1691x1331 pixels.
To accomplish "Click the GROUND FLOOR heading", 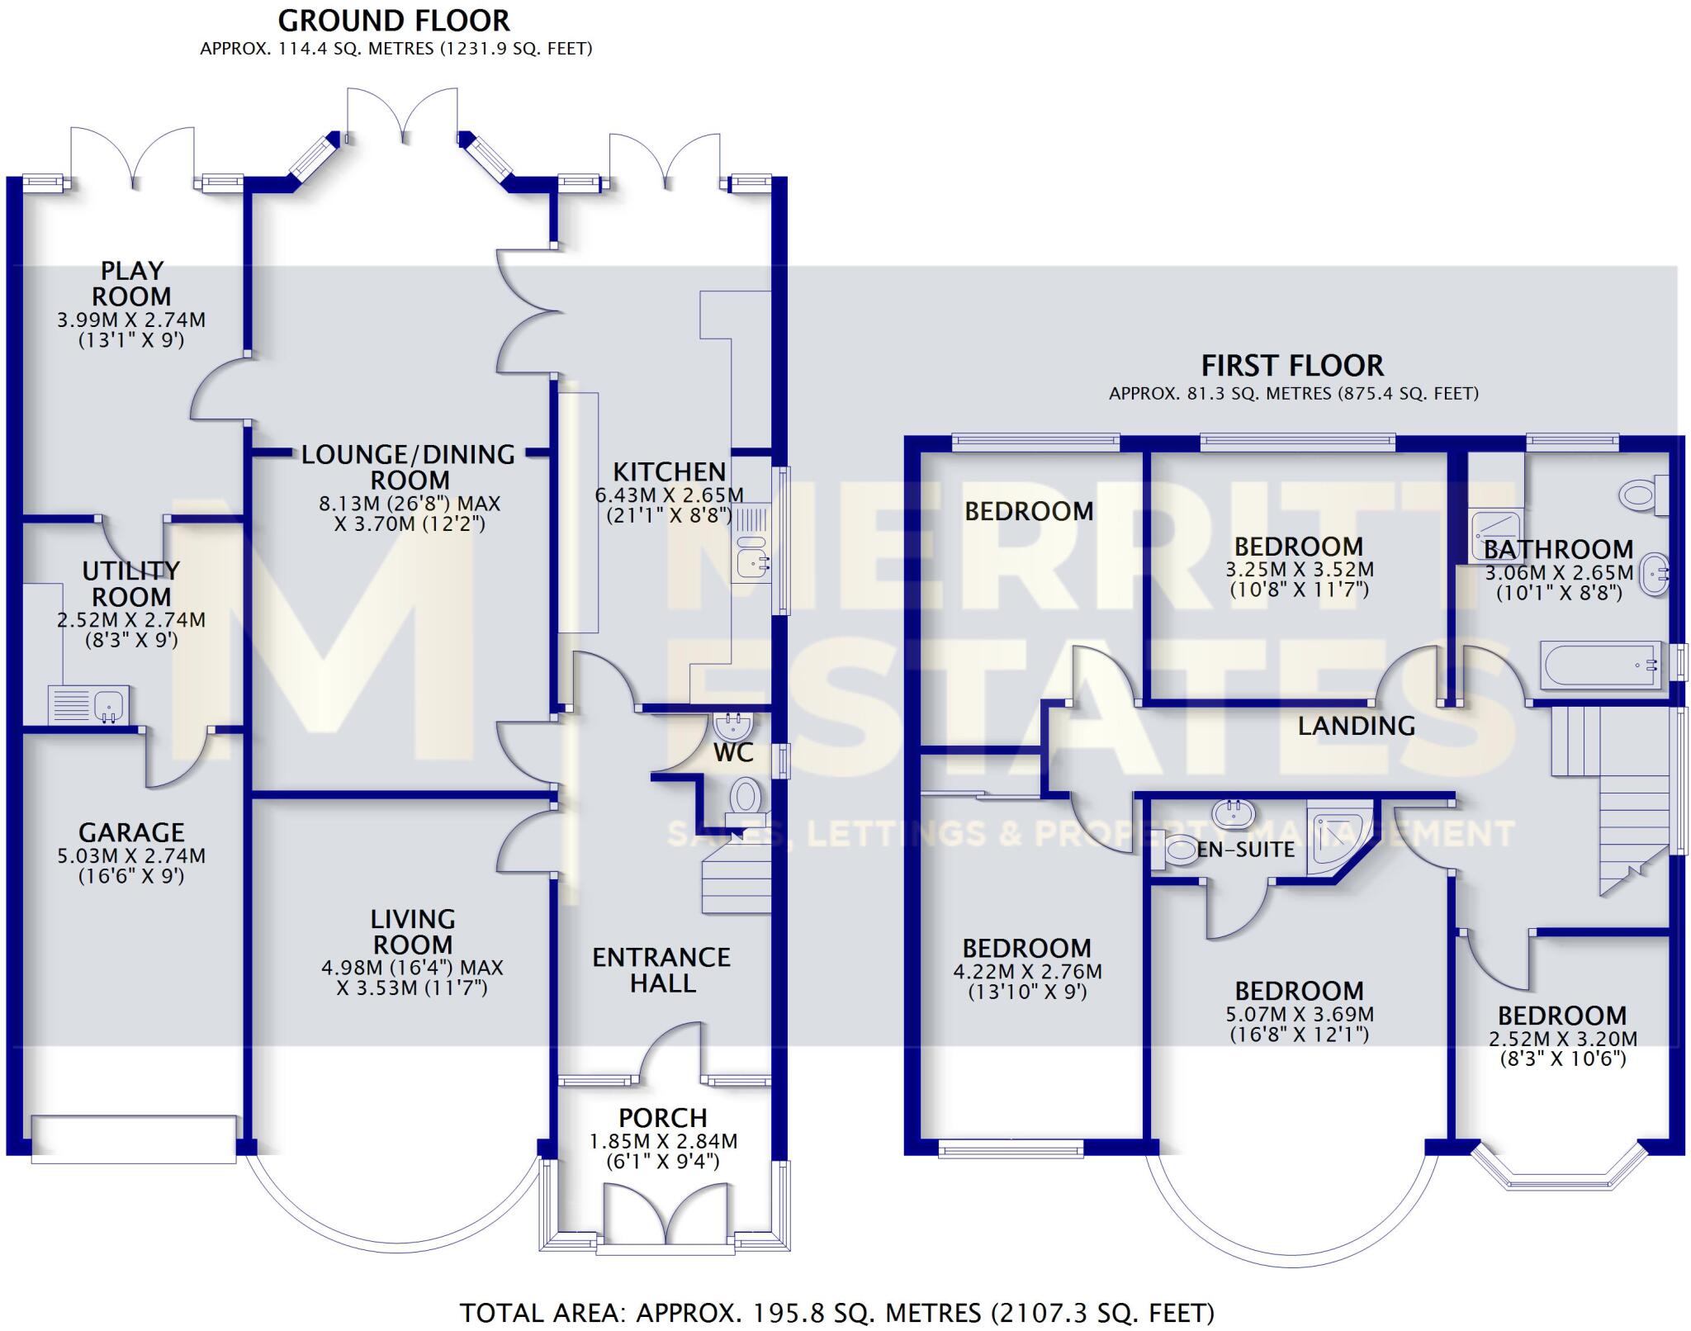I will click(x=394, y=21).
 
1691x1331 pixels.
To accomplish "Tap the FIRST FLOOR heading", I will click(x=1292, y=366).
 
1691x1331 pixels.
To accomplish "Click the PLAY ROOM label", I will click(x=131, y=283).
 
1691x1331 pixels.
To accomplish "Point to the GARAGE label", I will click(x=131, y=832).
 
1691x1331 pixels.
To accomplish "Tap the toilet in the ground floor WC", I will click(x=746, y=798).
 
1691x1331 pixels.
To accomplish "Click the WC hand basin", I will click(x=732, y=727).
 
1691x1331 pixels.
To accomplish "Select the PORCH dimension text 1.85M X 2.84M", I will click(x=663, y=1142).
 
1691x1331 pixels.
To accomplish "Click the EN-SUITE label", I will click(x=1245, y=849).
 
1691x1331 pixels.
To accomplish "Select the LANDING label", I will click(x=1357, y=726).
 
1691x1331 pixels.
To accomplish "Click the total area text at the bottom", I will click(x=836, y=1313).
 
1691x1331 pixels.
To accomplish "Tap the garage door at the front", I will click(x=134, y=1139).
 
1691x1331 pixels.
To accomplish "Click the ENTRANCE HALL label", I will click(x=662, y=970).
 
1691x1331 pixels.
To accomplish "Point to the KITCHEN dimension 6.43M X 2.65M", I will click(x=669, y=495).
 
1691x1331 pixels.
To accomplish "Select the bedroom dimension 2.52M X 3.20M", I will click(x=1562, y=1040).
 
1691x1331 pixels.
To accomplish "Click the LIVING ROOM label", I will click(x=412, y=931).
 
